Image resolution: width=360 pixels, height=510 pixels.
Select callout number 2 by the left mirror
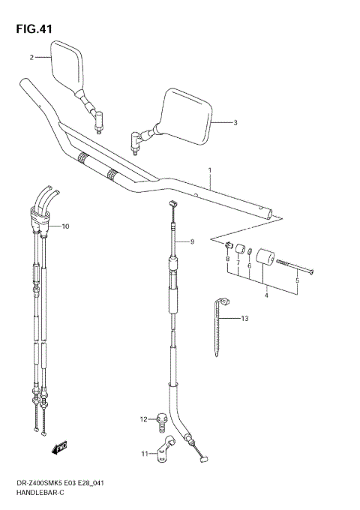(31, 57)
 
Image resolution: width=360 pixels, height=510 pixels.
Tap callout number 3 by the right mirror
(235, 122)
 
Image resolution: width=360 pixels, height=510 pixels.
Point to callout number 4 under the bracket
(265, 295)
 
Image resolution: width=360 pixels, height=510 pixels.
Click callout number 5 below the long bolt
(296, 280)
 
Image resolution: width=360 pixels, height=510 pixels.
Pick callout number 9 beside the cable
(192, 241)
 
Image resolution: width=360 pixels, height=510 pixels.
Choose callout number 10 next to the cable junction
(65, 226)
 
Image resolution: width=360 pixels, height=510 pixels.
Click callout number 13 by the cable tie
(244, 319)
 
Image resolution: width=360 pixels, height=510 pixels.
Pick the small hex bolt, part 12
(160, 421)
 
